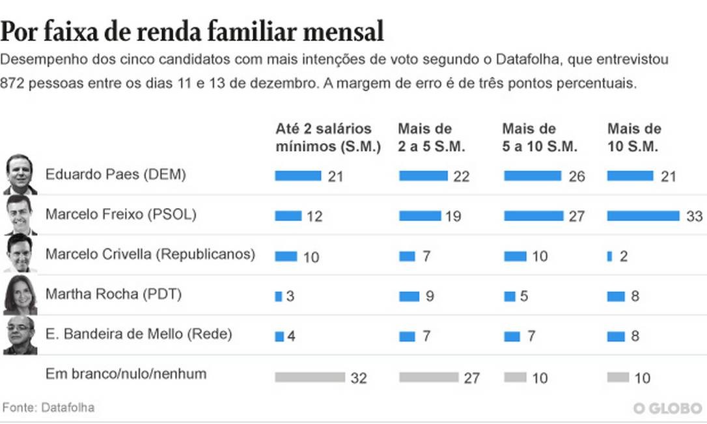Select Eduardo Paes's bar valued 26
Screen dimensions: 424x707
pyautogui.click(x=533, y=176)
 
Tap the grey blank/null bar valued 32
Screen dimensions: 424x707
pyautogui.click(x=310, y=377)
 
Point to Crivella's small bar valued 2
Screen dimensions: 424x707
pyautogui.click(x=609, y=256)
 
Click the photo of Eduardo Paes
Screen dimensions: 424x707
pyautogui.click(x=20, y=175)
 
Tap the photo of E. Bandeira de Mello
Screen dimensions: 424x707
pyautogui.click(x=20, y=335)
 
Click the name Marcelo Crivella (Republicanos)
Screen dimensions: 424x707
pyautogui.click(x=150, y=254)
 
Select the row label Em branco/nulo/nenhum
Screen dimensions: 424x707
pyautogui.click(x=126, y=374)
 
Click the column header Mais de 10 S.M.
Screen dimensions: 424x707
pyautogui.click(x=634, y=137)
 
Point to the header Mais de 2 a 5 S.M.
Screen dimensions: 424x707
pyautogui.click(x=432, y=137)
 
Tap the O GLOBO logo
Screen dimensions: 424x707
pyautogui.click(x=668, y=408)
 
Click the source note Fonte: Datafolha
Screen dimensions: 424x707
pyautogui.click(x=49, y=408)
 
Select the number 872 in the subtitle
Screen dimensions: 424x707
pyautogui.click(x=14, y=84)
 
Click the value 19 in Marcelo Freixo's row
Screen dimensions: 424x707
pyautogui.click(x=453, y=217)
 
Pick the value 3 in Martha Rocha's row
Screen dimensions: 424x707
pyautogui.click(x=290, y=297)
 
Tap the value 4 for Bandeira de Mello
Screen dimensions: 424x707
pyautogui.click(x=291, y=337)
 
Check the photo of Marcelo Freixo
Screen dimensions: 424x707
pyautogui.click(x=20, y=215)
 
